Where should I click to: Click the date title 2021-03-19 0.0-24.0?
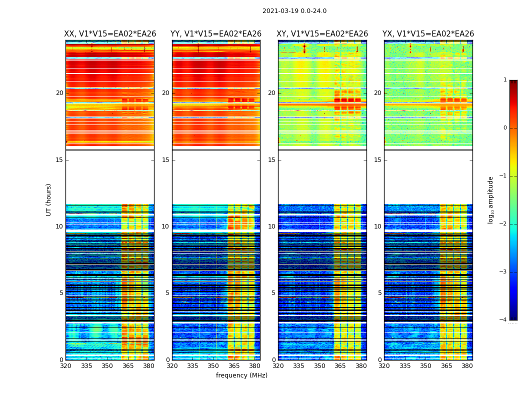[294, 11]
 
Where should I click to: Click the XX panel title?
[110, 34]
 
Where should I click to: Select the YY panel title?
[216, 34]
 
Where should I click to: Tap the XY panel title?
[322, 34]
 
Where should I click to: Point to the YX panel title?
[428, 34]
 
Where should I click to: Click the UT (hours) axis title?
[49, 199]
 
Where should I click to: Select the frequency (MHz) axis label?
[241, 375]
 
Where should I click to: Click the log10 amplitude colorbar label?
[491, 199]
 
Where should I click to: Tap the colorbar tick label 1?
[505, 80]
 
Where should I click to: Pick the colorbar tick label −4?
[503, 320]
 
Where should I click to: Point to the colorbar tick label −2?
[503, 224]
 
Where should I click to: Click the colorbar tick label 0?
[505, 128]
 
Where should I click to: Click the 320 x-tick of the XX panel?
[65, 366]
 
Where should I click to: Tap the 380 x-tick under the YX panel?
[467, 366]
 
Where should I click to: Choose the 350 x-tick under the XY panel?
[319, 366]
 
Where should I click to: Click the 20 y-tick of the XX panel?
[59, 93]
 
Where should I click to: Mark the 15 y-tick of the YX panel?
[377, 160]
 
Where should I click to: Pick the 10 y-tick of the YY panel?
[165, 226]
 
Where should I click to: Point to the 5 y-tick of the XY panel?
[273, 293]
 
